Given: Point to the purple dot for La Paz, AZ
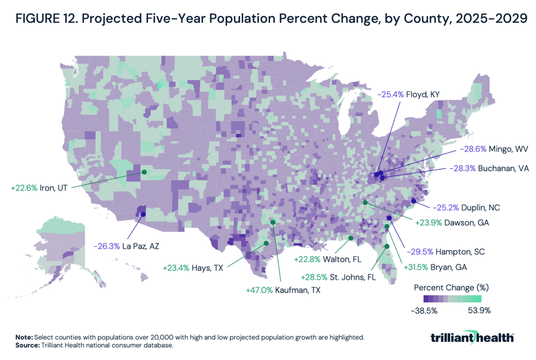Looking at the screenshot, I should point(142,215).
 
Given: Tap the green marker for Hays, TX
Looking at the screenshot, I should point(266,243).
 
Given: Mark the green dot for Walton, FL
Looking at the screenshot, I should point(351,238).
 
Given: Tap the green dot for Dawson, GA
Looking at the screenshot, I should point(365,202).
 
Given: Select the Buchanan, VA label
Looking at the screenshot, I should point(491,169).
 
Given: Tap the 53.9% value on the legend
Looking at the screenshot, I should point(480,310).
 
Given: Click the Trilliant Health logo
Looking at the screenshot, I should point(472,337).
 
